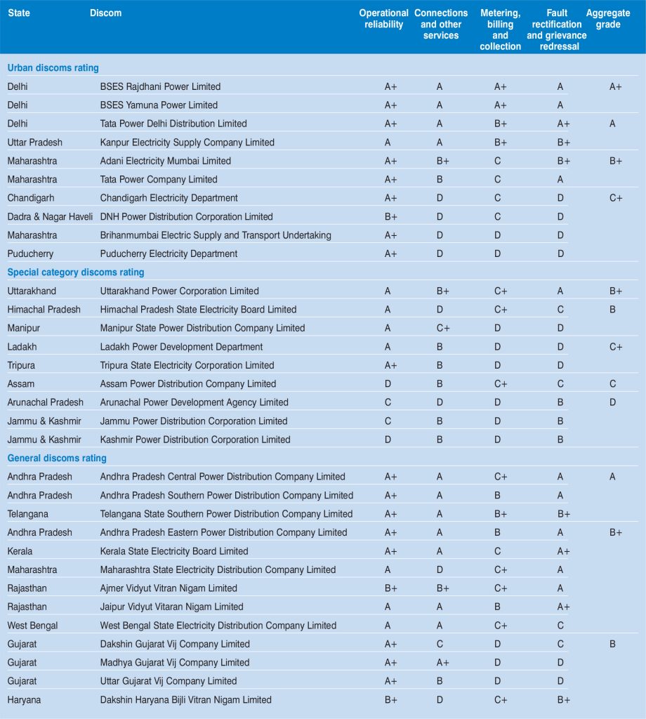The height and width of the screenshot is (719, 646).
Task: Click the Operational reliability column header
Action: (383, 19)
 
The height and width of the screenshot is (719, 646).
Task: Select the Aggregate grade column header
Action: (608, 19)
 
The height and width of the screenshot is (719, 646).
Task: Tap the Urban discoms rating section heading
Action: (53, 68)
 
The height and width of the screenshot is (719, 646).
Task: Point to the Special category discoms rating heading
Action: (76, 272)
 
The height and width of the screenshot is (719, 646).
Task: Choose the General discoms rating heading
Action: (57, 459)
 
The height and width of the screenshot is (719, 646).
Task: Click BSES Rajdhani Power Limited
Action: (160, 86)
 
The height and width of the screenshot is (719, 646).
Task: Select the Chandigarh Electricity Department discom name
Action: (169, 198)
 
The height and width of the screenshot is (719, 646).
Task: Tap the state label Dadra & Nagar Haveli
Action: (50, 216)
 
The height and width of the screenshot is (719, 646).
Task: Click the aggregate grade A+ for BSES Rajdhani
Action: (615, 86)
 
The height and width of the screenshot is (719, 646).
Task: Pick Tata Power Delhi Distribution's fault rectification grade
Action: (563, 124)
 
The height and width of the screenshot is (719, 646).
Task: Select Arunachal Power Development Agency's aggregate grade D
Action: (612, 402)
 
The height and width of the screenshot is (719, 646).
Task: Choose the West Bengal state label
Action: (32, 626)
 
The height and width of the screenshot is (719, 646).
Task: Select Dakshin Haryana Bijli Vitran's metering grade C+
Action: (501, 700)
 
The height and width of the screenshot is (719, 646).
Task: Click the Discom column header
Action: (105, 13)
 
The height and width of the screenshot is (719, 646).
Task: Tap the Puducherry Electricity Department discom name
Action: (169, 253)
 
